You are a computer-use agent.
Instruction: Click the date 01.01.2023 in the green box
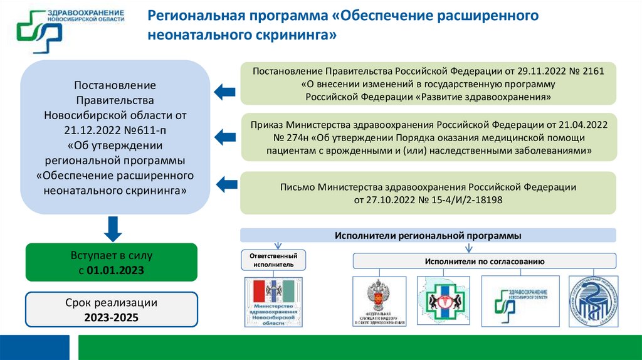(115, 270)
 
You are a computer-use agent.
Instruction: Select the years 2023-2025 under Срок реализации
(111, 317)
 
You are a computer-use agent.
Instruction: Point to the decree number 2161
(593, 71)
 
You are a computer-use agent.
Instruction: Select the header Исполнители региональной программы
(428, 235)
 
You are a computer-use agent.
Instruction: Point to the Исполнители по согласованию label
(484, 261)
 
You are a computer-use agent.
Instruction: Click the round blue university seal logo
(593, 301)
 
